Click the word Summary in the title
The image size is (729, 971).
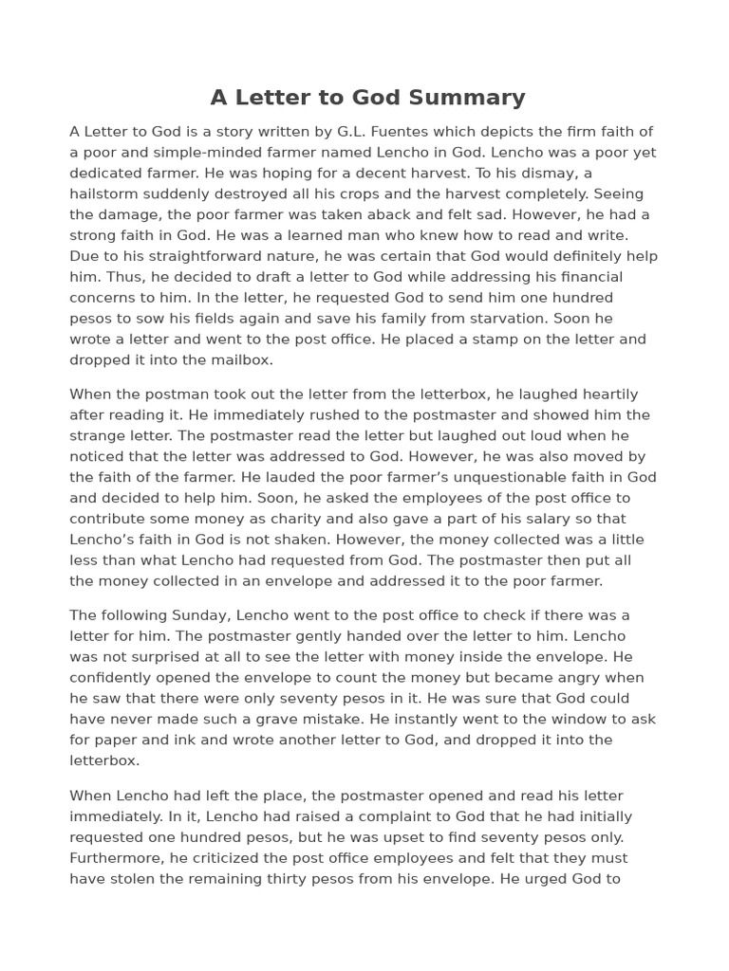tap(477, 98)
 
